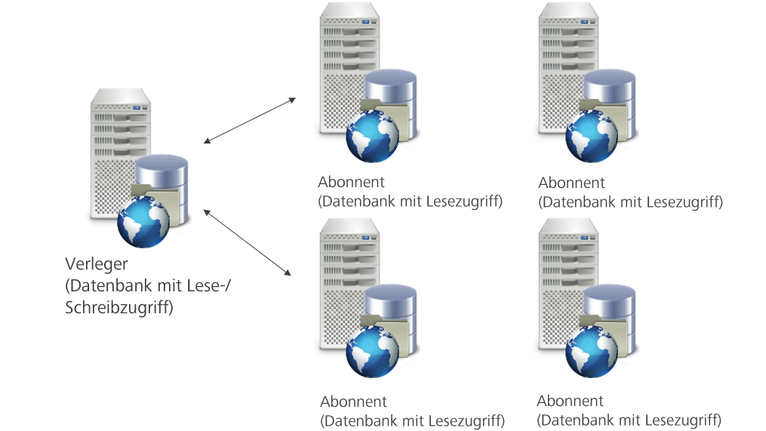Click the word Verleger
tap(97, 265)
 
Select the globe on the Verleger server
tap(143, 221)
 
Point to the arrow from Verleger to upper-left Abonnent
tap(249, 120)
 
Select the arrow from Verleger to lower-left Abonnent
tap(248, 242)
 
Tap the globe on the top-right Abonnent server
tap(592, 136)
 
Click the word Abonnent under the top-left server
tap(351, 183)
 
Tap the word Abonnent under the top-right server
tap(571, 183)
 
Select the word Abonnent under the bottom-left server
tap(353, 402)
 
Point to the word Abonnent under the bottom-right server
tap(570, 401)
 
